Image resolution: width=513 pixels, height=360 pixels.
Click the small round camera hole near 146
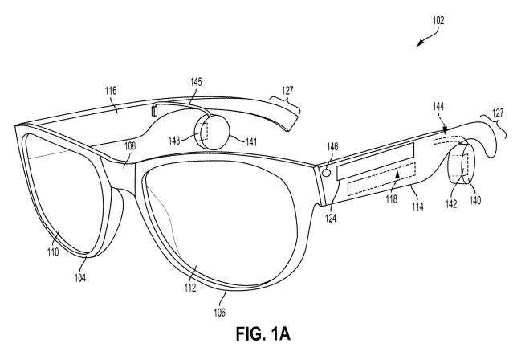[326, 172]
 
